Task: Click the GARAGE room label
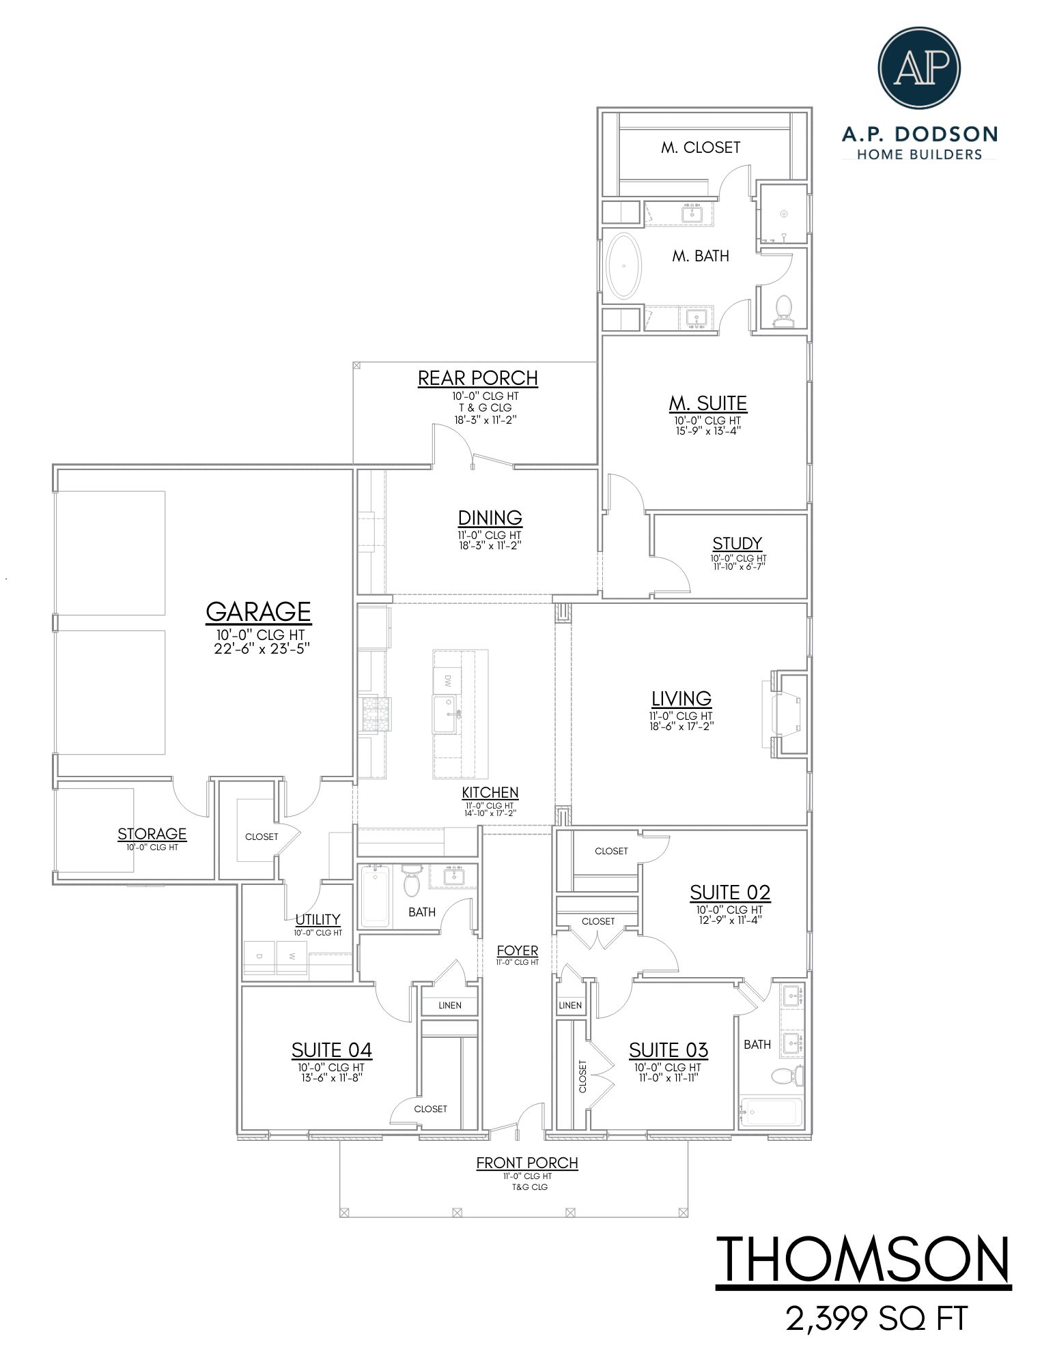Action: (x=258, y=611)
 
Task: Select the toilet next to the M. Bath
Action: (x=783, y=310)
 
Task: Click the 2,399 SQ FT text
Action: (x=877, y=1319)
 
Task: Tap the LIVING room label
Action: (x=681, y=698)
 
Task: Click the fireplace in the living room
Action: (x=787, y=714)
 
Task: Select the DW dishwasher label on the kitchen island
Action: (x=448, y=680)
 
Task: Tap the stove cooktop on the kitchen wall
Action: (x=374, y=714)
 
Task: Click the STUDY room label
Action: (x=737, y=543)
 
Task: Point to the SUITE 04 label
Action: (x=331, y=1049)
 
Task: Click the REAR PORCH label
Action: (x=477, y=378)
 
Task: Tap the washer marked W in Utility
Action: (x=293, y=957)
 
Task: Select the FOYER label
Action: (x=517, y=951)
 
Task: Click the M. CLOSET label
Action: (x=700, y=147)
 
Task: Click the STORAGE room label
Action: (x=152, y=834)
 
